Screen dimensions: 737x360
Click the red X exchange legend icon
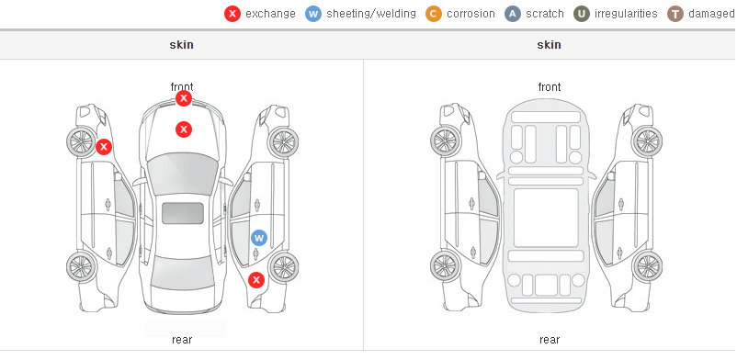[x=232, y=14]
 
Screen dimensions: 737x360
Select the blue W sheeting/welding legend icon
[x=313, y=14]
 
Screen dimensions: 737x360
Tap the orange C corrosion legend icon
[x=434, y=14]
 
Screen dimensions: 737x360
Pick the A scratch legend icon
[x=513, y=14]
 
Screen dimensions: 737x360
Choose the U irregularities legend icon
[x=582, y=14]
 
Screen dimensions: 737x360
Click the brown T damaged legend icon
[x=675, y=14]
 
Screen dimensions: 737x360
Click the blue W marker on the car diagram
[x=259, y=238]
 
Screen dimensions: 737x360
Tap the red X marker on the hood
[x=184, y=129]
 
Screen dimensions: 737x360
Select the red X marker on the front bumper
[x=184, y=98]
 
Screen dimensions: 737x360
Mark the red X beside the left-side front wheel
[x=104, y=147]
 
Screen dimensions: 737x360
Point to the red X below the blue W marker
[x=256, y=281]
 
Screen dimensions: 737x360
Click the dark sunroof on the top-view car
[x=183, y=213]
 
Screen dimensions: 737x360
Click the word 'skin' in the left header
[x=181, y=45]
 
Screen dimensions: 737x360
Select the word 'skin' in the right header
[x=549, y=45]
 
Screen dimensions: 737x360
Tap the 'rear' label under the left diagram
[x=182, y=340]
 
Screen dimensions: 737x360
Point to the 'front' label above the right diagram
[x=550, y=87]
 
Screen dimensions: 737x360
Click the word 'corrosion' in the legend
[x=471, y=14]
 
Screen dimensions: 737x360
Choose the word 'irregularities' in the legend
[x=626, y=14]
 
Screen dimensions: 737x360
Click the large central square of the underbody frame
[x=546, y=218]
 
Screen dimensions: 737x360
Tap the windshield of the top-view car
[x=183, y=174]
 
